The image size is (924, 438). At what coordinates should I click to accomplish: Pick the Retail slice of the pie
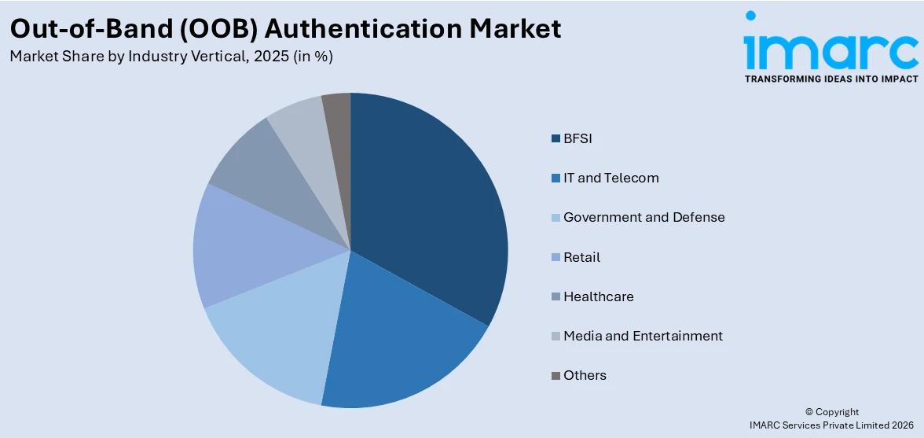click(236, 248)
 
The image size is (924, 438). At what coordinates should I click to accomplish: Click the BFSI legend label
click(577, 138)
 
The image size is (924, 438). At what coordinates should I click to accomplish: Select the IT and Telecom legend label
click(610, 178)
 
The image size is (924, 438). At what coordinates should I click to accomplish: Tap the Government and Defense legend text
click(643, 217)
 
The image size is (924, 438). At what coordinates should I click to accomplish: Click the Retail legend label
click(581, 257)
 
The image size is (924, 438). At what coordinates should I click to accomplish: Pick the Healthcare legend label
click(598, 296)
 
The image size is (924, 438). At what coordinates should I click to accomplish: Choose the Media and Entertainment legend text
click(643, 336)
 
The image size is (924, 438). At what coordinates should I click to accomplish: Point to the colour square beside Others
click(556, 376)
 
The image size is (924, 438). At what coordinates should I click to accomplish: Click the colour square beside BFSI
click(556, 139)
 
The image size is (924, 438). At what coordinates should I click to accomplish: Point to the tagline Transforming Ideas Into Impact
click(830, 79)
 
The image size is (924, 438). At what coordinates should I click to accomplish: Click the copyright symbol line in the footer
click(832, 412)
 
